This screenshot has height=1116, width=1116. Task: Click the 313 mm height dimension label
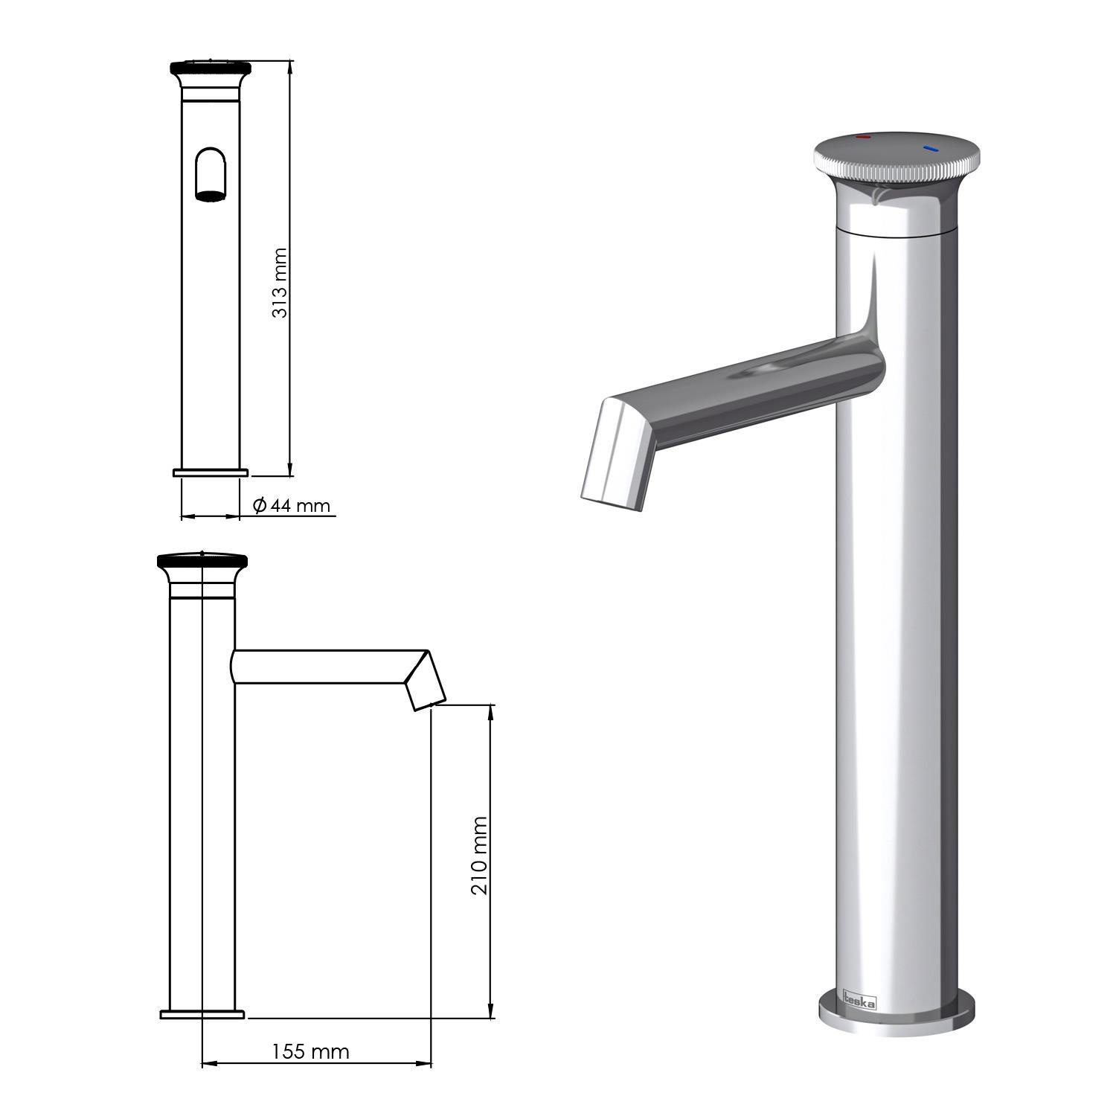point(280,283)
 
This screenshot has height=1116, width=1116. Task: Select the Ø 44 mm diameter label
point(292,506)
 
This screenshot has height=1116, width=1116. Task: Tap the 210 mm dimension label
point(480,856)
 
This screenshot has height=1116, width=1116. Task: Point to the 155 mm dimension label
point(310,1052)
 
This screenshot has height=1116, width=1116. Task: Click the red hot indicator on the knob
point(863,138)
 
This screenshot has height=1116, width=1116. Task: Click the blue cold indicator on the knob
point(931,149)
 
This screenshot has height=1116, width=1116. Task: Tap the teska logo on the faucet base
point(859,999)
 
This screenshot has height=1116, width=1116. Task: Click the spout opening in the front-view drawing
point(211,196)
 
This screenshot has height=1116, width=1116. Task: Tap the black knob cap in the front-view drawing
point(211,68)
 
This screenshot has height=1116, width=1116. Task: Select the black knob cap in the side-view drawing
point(202,561)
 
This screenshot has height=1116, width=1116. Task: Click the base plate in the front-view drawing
point(211,472)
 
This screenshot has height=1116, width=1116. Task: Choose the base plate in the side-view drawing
point(202,1014)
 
